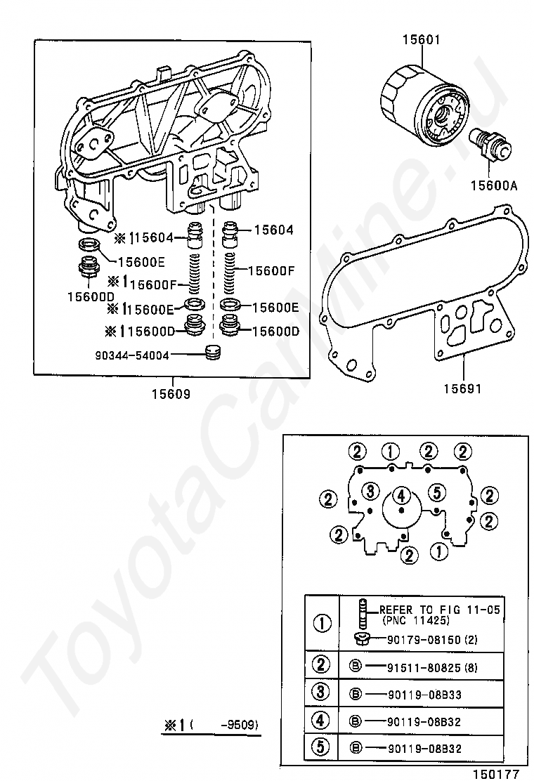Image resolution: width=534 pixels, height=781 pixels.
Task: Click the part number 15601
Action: pyautogui.click(x=421, y=40)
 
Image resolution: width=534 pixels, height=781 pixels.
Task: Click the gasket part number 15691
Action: pyautogui.click(x=462, y=387)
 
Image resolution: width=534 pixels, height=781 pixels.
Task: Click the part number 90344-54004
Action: pyautogui.click(x=132, y=355)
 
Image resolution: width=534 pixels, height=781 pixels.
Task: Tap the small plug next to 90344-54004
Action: pyautogui.click(x=212, y=352)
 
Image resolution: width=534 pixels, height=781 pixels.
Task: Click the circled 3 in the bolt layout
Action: pyautogui.click(x=371, y=490)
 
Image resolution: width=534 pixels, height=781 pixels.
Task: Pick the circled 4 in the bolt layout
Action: pyautogui.click(x=401, y=495)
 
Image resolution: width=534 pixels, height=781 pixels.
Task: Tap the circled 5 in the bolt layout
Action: pyautogui.click(x=436, y=490)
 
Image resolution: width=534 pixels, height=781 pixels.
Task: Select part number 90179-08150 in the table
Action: pyautogui.click(x=422, y=639)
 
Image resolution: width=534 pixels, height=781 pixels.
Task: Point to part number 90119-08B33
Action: pyautogui.click(x=424, y=694)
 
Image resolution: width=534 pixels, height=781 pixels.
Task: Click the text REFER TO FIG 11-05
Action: pyautogui.click(x=440, y=610)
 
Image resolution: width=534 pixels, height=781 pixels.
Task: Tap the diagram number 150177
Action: pyautogui.click(x=495, y=773)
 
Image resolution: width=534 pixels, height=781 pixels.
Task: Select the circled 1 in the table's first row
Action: pyautogui.click(x=322, y=623)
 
